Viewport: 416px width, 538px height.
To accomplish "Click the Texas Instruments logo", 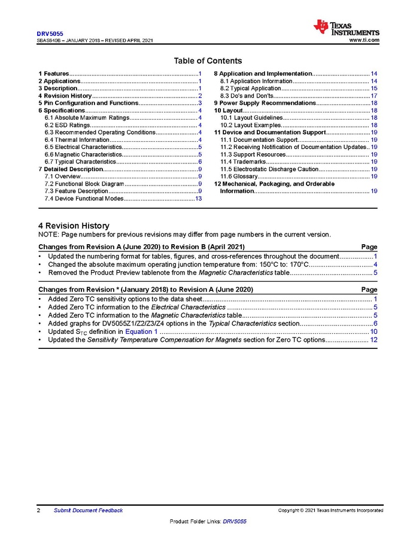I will point(347,28).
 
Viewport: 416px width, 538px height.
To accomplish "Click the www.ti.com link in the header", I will point(364,40).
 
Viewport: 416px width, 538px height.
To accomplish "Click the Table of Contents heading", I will point(208,61).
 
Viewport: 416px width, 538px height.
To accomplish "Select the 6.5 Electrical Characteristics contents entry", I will point(78,147).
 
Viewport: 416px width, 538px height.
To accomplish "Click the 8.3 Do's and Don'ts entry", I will point(247,96).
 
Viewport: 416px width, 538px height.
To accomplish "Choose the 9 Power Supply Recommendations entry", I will point(265,103).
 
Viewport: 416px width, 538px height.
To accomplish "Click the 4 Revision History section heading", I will point(74,226).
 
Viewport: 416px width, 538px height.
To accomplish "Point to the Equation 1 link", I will point(142,332).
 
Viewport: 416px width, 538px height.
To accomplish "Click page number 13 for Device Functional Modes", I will point(197,198).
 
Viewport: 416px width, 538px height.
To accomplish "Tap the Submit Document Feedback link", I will point(88,510).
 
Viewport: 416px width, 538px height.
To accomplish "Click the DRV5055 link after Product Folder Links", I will point(234,522).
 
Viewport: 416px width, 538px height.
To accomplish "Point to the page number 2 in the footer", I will point(39,510).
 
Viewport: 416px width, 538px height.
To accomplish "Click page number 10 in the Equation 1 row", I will point(374,332).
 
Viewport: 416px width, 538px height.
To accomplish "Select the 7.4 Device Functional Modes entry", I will point(84,198).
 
